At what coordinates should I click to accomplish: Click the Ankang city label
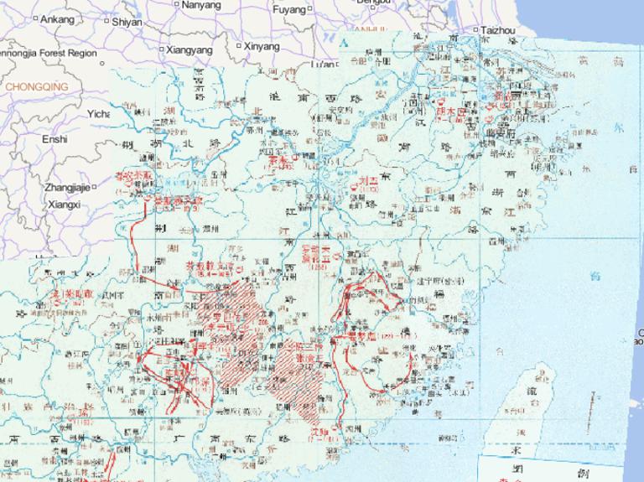point(57,18)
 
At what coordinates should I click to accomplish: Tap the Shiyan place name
point(127,22)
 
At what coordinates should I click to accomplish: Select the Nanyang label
point(201,5)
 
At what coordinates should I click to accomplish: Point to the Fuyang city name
point(289,10)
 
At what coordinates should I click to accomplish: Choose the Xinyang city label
point(262,47)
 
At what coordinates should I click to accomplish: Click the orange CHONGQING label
point(35,86)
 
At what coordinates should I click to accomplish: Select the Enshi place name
point(55,139)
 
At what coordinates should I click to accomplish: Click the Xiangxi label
point(64,204)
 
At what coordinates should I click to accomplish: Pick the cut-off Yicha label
point(99,114)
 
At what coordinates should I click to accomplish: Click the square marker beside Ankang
point(36,18)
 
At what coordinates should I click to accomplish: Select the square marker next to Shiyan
point(106,21)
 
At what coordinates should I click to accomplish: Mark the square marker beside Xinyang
point(239,46)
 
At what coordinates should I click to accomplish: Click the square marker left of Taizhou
point(476,30)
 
